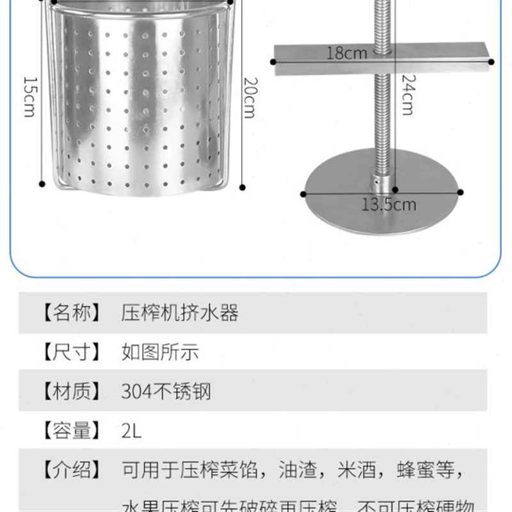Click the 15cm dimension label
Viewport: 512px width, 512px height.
pyautogui.click(x=29, y=97)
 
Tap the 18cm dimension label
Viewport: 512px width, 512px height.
pyautogui.click(x=347, y=52)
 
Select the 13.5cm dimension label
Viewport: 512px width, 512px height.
pyautogui.click(x=389, y=204)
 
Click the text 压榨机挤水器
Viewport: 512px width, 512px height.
pyautogui.click(x=180, y=313)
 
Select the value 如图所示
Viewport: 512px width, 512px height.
pyautogui.click(x=160, y=352)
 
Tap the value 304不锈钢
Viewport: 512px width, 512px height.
pyautogui.click(x=166, y=391)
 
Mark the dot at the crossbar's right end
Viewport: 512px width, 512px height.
pyautogui.click(x=491, y=62)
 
